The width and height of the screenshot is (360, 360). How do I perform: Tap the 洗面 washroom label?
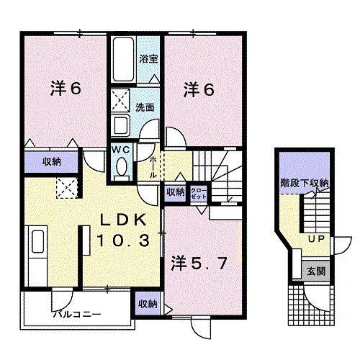144,107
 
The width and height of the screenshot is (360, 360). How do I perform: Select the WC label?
120,150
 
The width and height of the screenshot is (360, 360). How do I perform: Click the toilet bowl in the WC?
120,168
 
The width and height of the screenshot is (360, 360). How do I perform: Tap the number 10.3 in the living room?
120,241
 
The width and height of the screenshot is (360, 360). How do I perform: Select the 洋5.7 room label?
199,264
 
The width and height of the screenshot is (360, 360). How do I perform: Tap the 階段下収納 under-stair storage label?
304,184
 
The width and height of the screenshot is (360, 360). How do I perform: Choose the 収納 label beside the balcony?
148,304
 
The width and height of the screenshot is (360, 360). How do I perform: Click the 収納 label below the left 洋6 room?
50,161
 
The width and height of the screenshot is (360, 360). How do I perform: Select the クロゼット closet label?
198,192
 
